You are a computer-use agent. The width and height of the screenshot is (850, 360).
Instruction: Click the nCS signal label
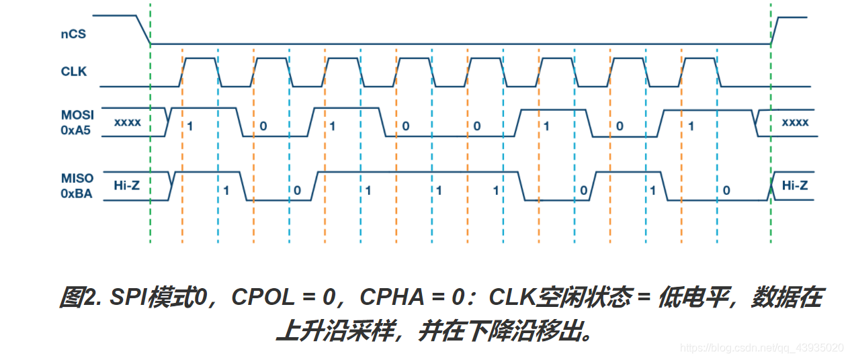[73, 33]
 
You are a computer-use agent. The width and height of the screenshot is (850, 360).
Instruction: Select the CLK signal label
[74, 71]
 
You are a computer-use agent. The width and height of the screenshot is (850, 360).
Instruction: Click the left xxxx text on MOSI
[127, 123]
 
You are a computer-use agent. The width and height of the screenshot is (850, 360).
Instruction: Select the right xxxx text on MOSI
[795, 123]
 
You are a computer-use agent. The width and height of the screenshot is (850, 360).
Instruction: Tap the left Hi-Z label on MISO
[127, 185]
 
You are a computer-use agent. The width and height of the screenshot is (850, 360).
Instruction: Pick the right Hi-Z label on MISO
[795, 185]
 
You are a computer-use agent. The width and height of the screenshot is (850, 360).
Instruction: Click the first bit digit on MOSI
[190, 126]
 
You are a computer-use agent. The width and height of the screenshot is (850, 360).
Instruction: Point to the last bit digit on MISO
[726, 190]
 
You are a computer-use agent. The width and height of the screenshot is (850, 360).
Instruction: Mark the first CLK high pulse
[200, 58]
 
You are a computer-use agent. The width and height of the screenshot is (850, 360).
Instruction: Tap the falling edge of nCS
[143, 30]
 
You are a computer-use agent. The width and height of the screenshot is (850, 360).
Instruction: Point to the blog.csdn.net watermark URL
[762, 348]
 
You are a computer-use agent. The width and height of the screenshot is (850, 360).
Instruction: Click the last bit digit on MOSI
[691, 126]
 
